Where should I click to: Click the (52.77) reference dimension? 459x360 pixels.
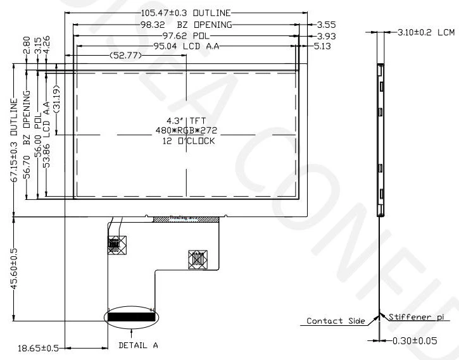point(125,56)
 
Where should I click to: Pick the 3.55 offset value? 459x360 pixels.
point(323,25)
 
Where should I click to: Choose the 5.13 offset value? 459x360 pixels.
point(323,46)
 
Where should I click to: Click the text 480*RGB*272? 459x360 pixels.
point(187,130)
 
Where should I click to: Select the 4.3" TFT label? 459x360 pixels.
point(187,120)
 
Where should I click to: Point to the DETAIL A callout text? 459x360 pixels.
point(138,345)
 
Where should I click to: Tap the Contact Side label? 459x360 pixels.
point(336,321)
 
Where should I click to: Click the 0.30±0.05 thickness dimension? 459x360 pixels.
point(416,342)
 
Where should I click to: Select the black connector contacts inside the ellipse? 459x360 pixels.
point(131,316)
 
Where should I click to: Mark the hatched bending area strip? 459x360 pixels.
point(185,219)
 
